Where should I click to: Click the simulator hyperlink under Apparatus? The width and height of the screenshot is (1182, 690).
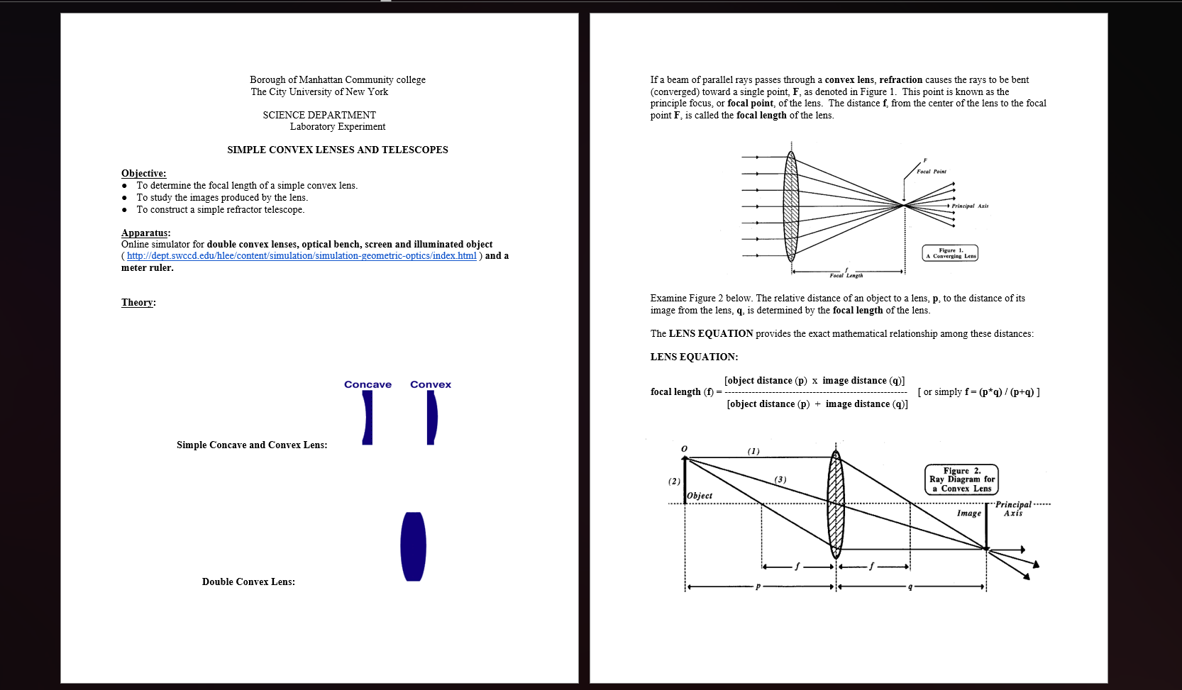tap(302, 256)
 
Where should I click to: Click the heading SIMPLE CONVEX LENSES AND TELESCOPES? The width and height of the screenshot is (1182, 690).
tap(337, 150)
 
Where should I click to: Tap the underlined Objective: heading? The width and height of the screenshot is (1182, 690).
tap(143, 174)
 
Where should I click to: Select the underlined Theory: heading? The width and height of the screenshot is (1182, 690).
tap(138, 303)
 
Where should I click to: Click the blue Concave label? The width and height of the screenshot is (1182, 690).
tap(368, 384)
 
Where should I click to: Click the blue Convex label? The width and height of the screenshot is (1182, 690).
tap(430, 384)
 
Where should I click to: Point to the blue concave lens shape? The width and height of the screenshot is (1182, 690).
tap(368, 418)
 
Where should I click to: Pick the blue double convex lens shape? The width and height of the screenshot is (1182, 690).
tap(413, 547)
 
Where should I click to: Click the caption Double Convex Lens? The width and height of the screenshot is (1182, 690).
tap(248, 582)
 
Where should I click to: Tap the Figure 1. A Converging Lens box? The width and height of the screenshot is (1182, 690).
tap(950, 253)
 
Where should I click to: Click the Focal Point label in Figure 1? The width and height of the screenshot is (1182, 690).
tap(931, 172)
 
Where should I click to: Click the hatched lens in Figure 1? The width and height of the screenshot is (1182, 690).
tap(791, 206)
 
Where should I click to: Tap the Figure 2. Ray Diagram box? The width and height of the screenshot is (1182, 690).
tap(961, 479)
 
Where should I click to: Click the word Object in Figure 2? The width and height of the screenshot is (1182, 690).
tap(700, 496)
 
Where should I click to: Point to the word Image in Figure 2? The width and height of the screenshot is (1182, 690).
tap(968, 513)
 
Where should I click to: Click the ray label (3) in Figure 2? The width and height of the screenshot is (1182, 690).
tap(780, 480)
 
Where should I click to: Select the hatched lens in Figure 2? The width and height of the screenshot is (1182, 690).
tap(836, 504)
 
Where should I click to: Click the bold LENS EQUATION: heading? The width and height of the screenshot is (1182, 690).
tap(694, 357)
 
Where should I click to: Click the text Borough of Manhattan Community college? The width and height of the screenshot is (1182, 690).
tap(337, 80)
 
